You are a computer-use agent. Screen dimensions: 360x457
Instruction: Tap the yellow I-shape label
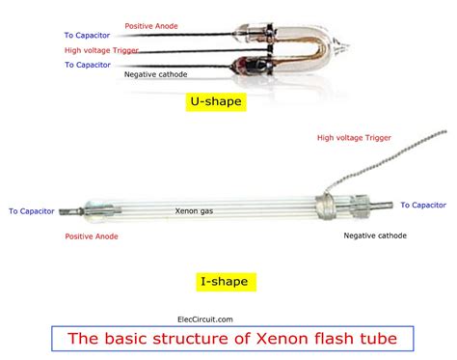point(223,282)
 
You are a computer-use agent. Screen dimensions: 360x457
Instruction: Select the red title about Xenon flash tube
point(231,339)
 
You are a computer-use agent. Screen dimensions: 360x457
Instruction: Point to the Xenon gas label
point(194,209)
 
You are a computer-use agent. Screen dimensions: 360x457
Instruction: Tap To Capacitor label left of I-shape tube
point(32,210)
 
